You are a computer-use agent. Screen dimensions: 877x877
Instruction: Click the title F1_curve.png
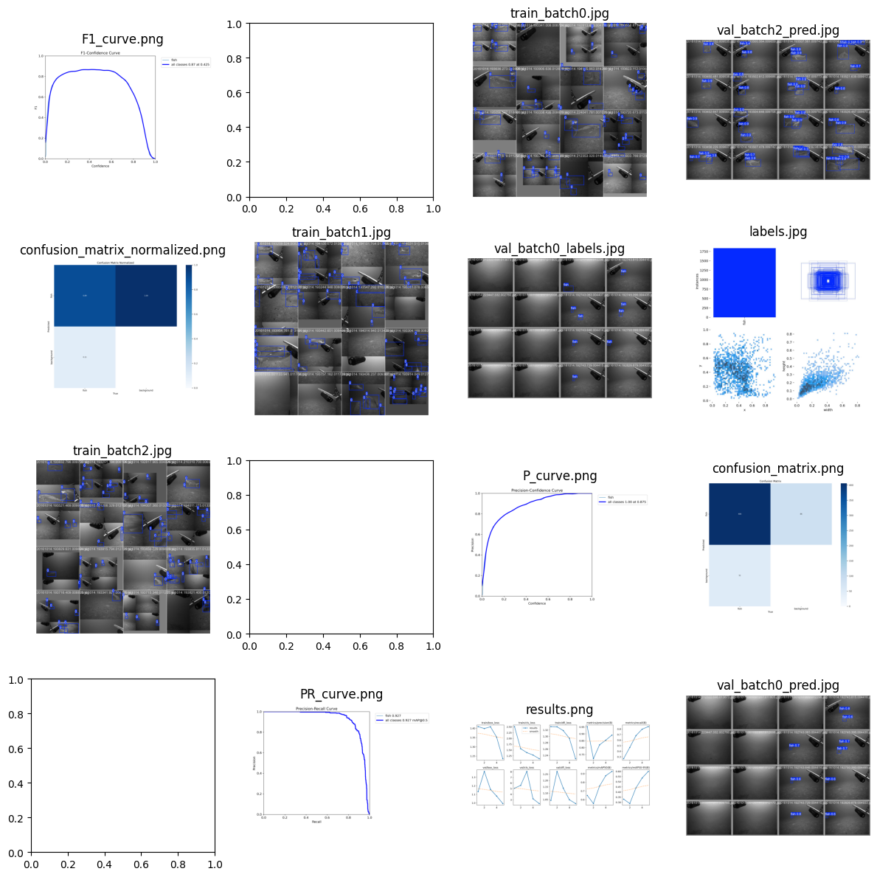point(122,39)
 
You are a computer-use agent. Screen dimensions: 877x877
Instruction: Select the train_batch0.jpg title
point(559,13)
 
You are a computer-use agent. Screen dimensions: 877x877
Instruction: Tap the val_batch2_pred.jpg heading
point(777,30)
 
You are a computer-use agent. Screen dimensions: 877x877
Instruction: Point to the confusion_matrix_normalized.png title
point(122,250)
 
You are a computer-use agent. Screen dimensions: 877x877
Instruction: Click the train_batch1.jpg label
point(341,232)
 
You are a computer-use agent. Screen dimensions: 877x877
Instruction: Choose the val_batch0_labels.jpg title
point(559,249)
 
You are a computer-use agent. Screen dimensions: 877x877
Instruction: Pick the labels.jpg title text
point(777,232)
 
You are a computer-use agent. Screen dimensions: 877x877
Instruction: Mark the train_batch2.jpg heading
point(122,451)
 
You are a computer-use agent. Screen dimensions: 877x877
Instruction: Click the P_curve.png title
point(559,476)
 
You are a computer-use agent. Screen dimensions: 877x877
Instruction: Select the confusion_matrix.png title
point(777,468)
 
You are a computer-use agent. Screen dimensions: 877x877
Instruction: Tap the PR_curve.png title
point(341,694)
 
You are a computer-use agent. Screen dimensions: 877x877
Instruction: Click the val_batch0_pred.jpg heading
point(777,685)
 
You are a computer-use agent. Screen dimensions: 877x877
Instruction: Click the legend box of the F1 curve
point(185,63)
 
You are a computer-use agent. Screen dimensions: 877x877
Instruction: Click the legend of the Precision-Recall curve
point(401,718)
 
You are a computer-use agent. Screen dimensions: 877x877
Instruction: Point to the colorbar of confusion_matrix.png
point(843,544)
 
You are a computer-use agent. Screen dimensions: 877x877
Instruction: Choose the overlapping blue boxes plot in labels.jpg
point(828,281)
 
